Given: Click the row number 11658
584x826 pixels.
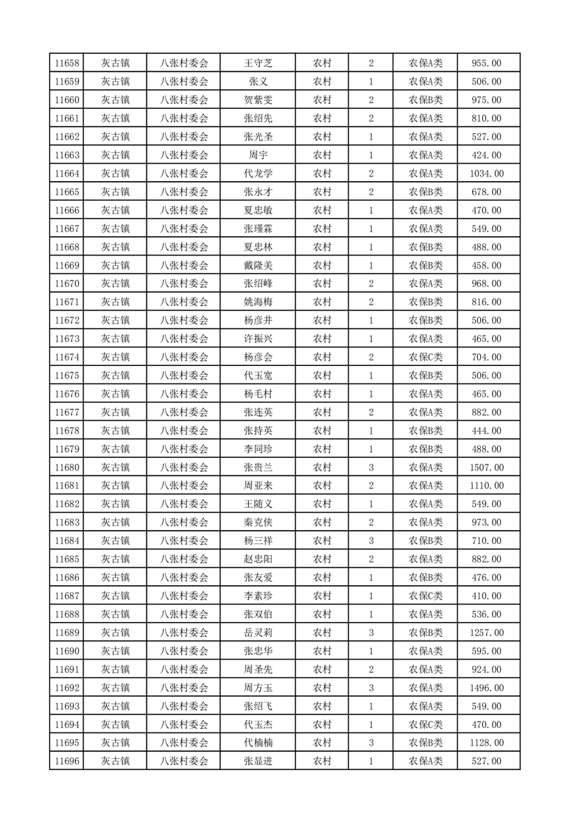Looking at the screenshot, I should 67,63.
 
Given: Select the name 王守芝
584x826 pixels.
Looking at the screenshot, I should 258,63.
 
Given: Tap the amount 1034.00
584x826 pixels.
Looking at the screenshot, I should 486,174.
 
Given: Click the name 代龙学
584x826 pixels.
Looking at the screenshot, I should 258,174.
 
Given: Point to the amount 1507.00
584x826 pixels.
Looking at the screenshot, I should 486,467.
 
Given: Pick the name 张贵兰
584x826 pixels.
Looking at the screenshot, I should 258,467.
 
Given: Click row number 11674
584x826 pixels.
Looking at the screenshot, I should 67,357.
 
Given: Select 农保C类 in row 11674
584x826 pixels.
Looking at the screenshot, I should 426,357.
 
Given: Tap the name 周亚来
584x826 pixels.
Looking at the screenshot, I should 258,486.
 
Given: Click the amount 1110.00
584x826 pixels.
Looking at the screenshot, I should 486,486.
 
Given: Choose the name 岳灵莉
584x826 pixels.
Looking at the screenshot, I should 258,632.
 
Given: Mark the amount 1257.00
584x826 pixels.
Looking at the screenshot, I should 486,632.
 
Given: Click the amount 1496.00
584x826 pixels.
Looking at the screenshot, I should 486,688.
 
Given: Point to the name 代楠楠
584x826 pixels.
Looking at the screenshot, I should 258,743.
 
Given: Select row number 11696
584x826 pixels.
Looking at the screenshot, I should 67,761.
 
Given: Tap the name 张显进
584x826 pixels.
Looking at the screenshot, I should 258,761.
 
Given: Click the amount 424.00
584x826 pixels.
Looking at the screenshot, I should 486,155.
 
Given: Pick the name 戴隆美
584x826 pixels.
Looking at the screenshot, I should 258,265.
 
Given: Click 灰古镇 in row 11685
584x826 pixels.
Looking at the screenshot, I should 115,559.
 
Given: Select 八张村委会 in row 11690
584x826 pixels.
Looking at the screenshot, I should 184,651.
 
